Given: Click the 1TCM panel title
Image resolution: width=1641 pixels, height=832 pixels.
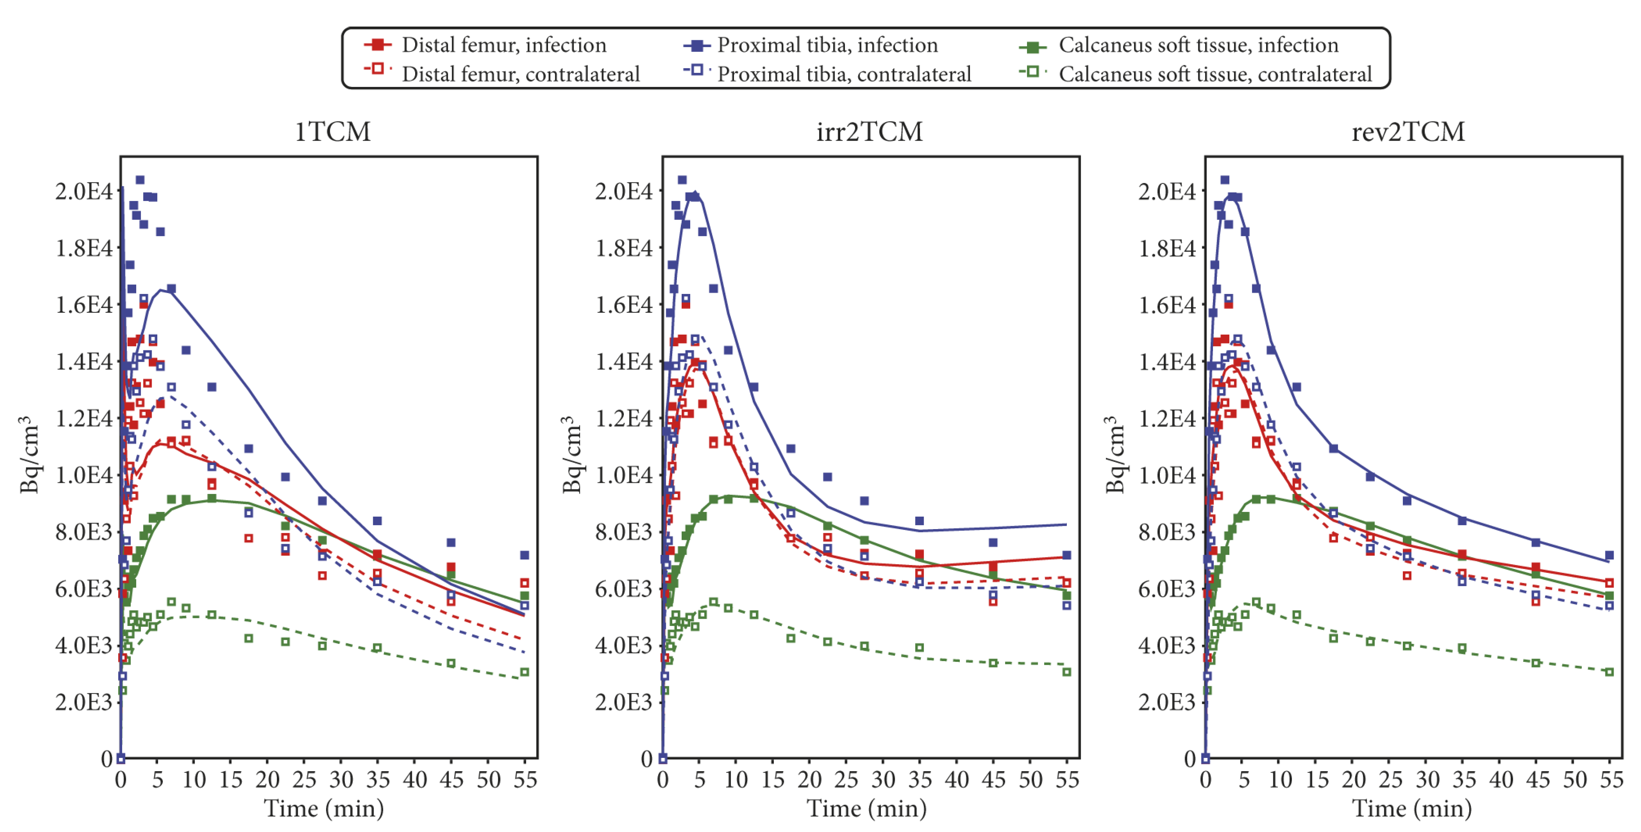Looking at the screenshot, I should (332, 132).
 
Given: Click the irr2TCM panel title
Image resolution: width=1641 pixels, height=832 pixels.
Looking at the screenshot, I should (869, 132).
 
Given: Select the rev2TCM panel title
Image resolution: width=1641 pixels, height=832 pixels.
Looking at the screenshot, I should (1408, 132).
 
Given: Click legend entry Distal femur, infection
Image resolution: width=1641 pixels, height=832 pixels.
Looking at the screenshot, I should (503, 45).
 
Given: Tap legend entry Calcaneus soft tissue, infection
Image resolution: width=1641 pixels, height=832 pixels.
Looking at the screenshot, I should (1198, 45).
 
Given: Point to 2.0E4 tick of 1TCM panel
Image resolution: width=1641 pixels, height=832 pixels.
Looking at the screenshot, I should (84, 191).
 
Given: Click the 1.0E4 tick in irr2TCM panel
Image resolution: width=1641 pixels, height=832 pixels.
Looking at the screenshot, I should (624, 475).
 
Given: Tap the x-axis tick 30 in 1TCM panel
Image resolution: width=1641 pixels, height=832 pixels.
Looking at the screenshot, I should (341, 779).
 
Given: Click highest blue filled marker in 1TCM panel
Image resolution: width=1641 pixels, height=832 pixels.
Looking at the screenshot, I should (140, 180).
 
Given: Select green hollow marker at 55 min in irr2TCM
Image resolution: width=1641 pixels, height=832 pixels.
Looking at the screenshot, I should (1066, 672).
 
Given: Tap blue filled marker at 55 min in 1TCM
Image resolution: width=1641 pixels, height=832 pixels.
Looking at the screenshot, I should (524, 556).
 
